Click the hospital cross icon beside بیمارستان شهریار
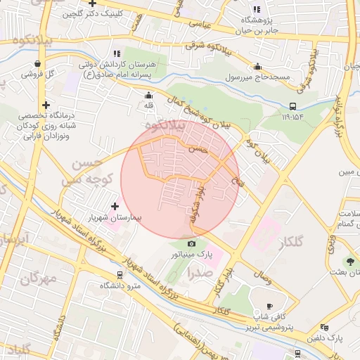[x=115, y=207]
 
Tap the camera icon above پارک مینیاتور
[x=192, y=243]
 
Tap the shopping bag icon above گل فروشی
[x=37, y=63]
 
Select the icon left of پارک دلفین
[x=324, y=327]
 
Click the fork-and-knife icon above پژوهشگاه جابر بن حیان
[x=257, y=9]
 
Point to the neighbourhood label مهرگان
[x=38, y=279]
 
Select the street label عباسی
[x=198, y=23]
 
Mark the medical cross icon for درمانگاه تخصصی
[x=46, y=105]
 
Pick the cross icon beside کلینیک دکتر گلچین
[x=91, y=4]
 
